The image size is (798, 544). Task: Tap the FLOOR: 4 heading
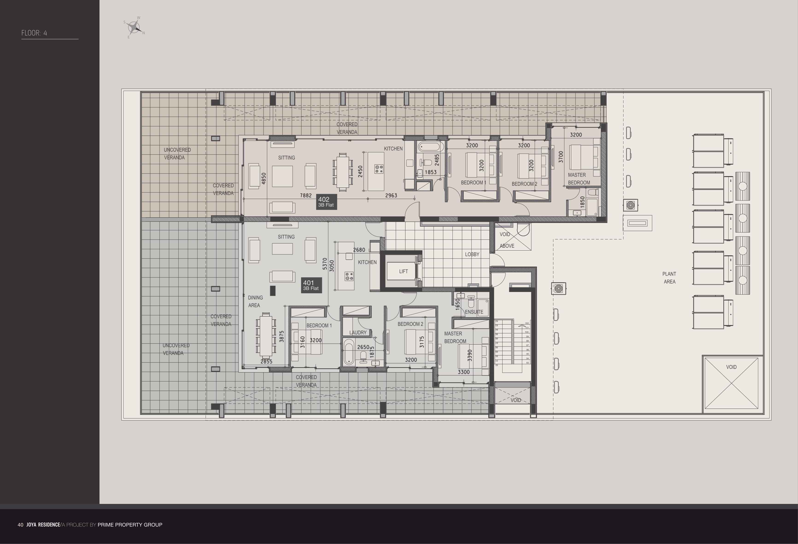[34, 33]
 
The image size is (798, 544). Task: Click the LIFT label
[403, 271]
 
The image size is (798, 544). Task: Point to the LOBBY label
[472, 254]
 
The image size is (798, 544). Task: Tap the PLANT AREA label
[669, 278]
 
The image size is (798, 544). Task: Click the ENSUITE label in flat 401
[474, 312]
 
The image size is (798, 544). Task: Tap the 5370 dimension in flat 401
[325, 264]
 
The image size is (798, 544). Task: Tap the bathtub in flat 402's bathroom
[429, 148]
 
